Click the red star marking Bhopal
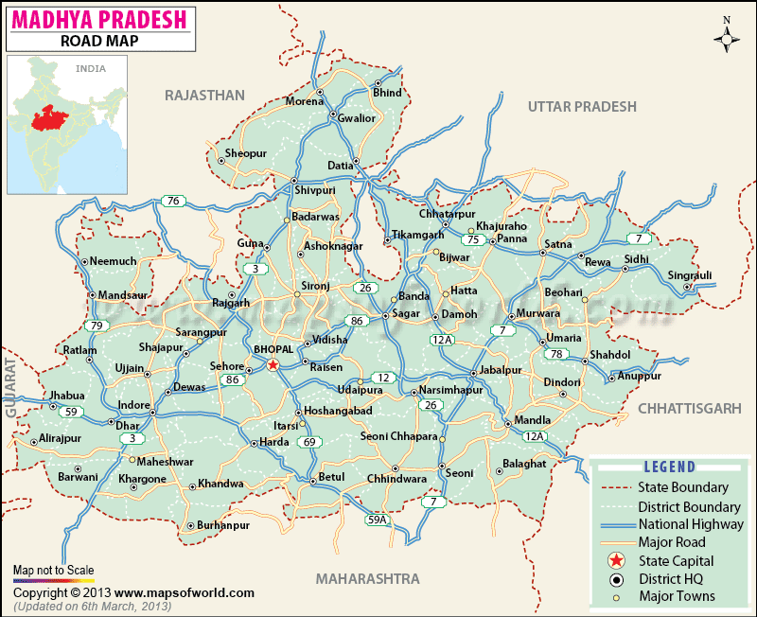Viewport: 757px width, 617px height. click(x=273, y=364)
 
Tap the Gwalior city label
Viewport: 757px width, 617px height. click(x=358, y=118)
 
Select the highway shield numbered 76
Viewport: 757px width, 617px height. click(x=172, y=201)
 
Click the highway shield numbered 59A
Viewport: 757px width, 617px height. click(x=377, y=520)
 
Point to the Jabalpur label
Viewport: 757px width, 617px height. click(x=501, y=369)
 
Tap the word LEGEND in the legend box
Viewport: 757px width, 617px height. click(x=670, y=467)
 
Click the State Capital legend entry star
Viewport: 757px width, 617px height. click(x=616, y=560)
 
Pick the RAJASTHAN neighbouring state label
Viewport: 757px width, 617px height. click(x=204, y=96)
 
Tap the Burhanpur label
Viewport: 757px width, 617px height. click(x=224, y=525)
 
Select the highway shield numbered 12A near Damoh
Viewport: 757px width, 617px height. click(x=443, y=339)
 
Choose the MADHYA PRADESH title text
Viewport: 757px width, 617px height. click(x=100, y=18)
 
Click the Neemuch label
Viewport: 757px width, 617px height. click(x=113, y=260)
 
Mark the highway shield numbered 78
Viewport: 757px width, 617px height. click(x=558, y=354)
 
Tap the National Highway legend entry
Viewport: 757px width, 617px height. click(x=691, y=524)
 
